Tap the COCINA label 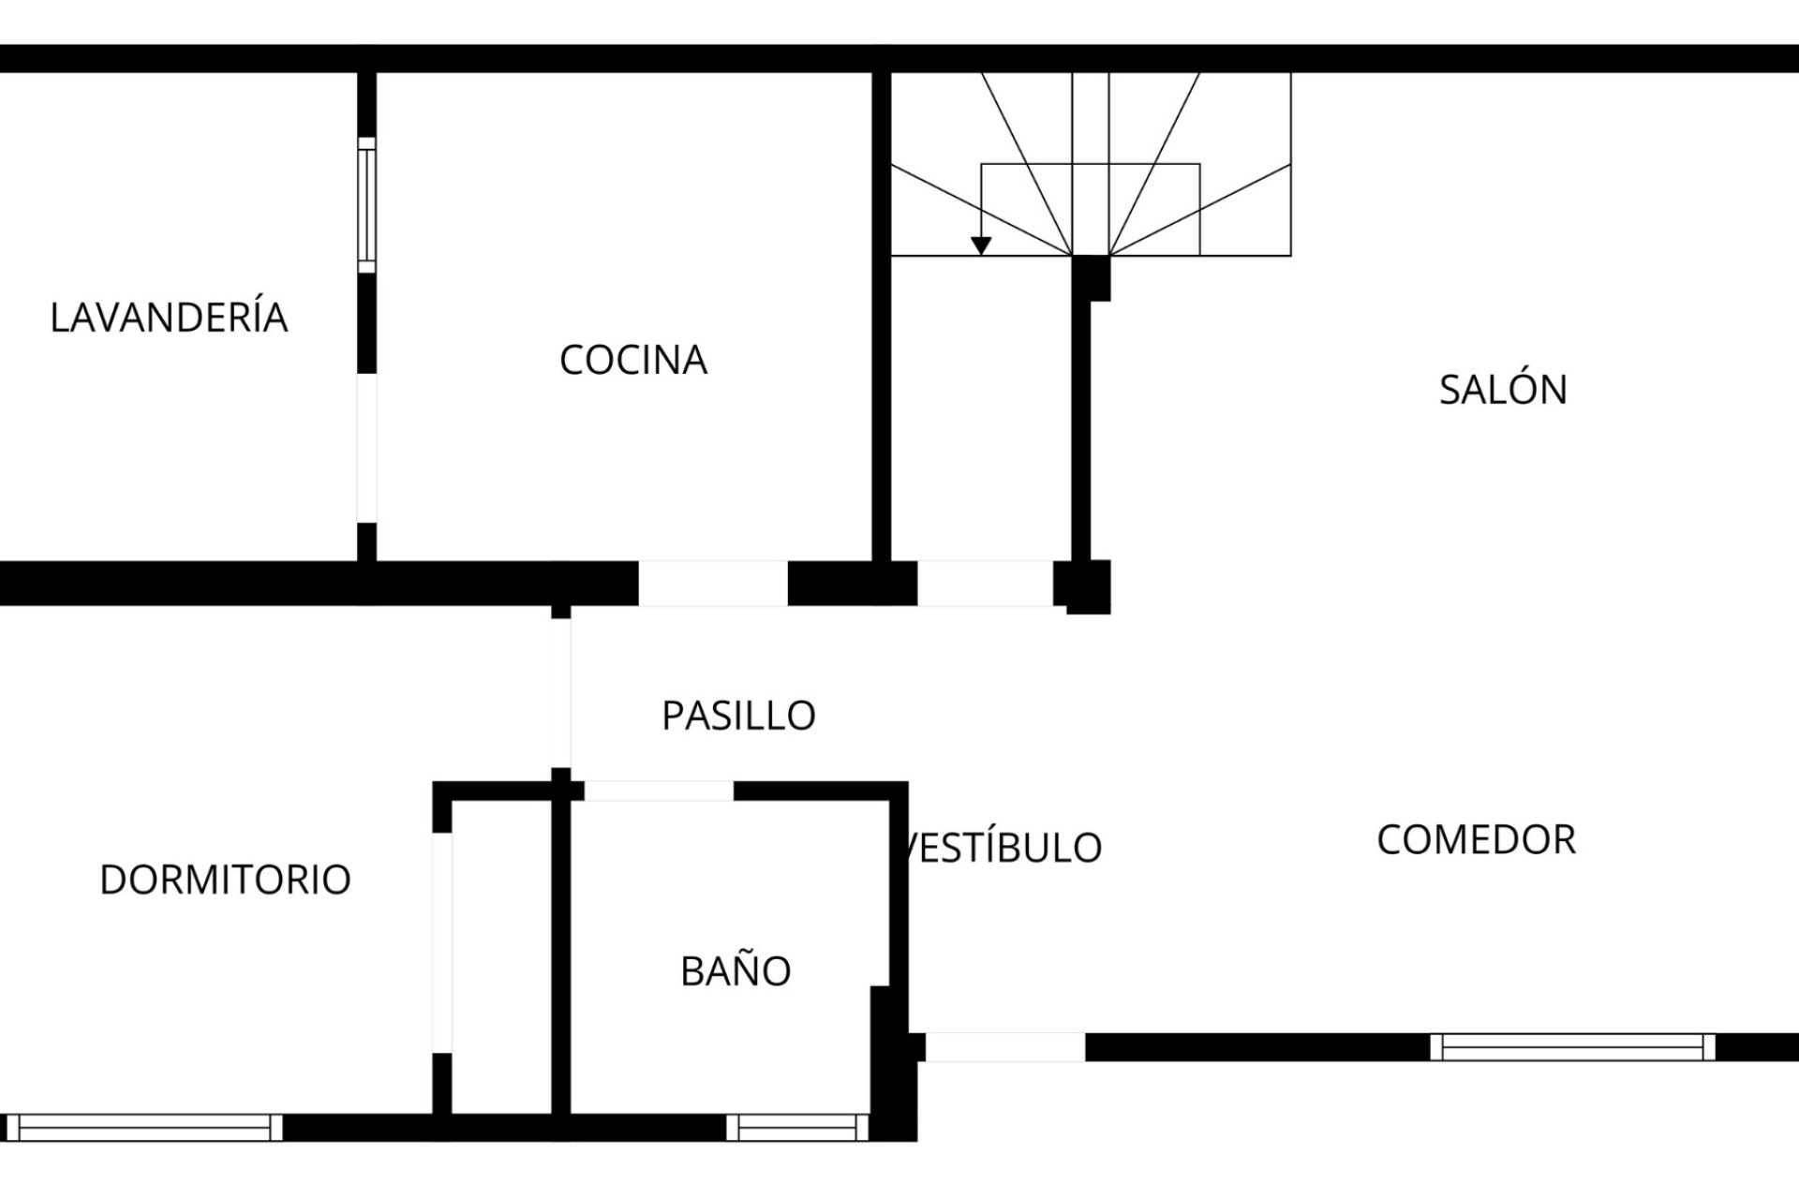click(x=633, y=360)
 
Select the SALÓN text click(x=1503, y=389)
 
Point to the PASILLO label click(x=738, y=716)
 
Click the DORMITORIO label click(x=225, y=880)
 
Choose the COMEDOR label click(x=1477, y=839)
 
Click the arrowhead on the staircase click(x=981, y=245)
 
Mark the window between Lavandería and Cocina click(x=366, y=205)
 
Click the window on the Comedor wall click(x=1572, y=1046)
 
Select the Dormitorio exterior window click(x=144, y=1127)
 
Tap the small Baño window click(x=797, y=1127)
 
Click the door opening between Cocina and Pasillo click(x=713, y=584)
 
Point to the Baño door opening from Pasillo click(x=659, y=791)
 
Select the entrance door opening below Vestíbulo click(x=1005, y=1046)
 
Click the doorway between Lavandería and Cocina click(x=366, y=448)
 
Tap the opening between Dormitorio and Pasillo click(x=561, y=693)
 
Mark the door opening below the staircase click(x=985, y=584)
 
